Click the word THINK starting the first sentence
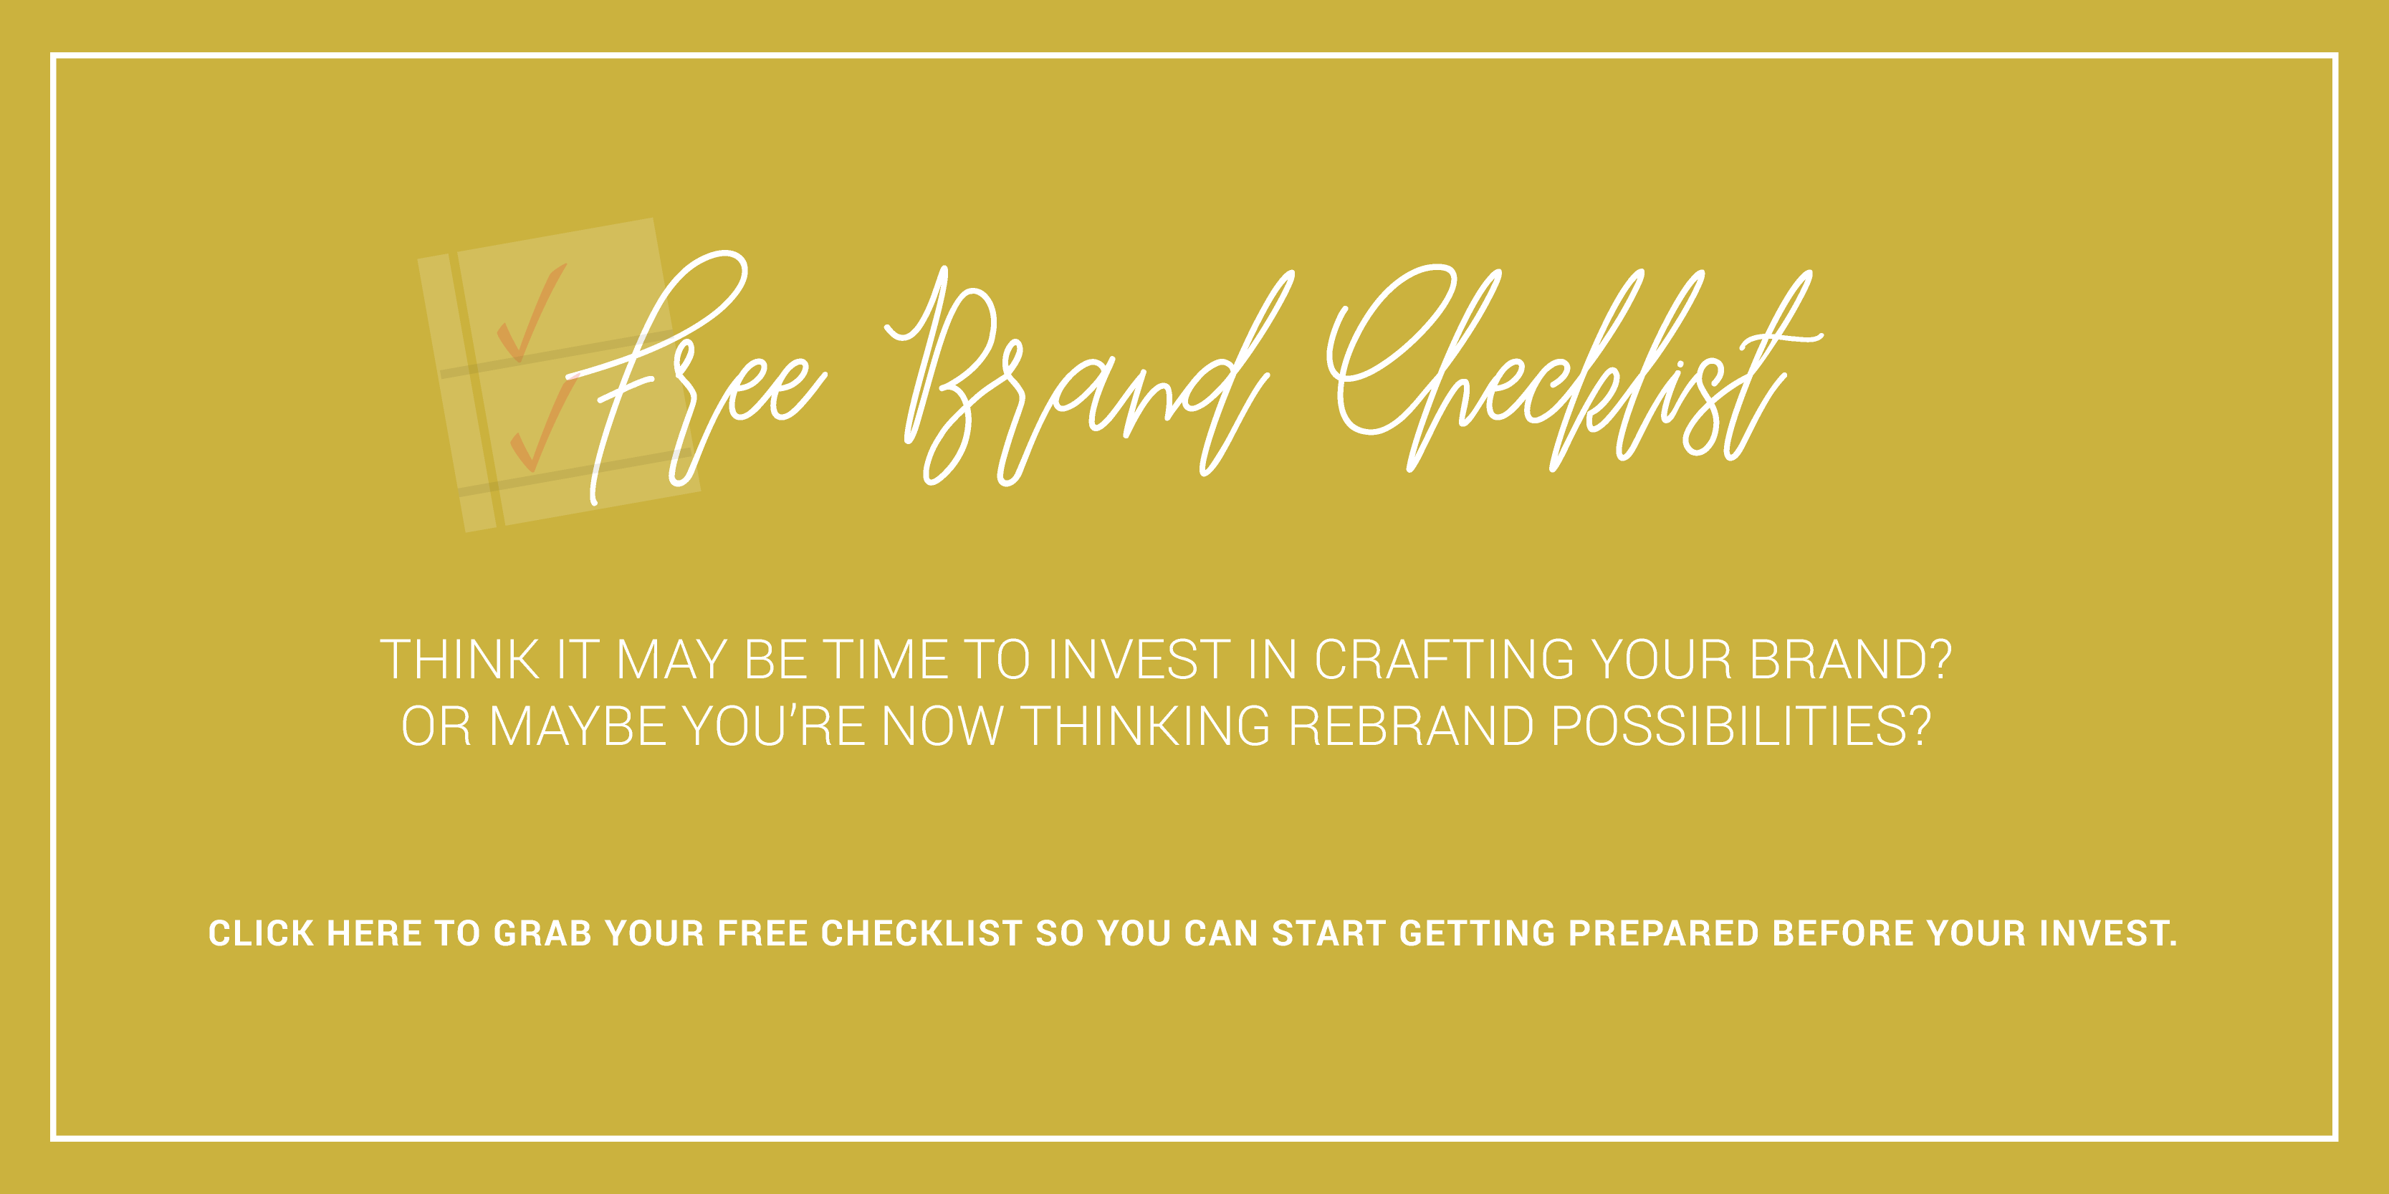460,660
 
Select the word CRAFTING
1444,660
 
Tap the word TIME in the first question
886,660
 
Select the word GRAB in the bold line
542,933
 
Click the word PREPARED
1663,933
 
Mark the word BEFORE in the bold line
1843,933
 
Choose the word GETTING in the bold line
1476,933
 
